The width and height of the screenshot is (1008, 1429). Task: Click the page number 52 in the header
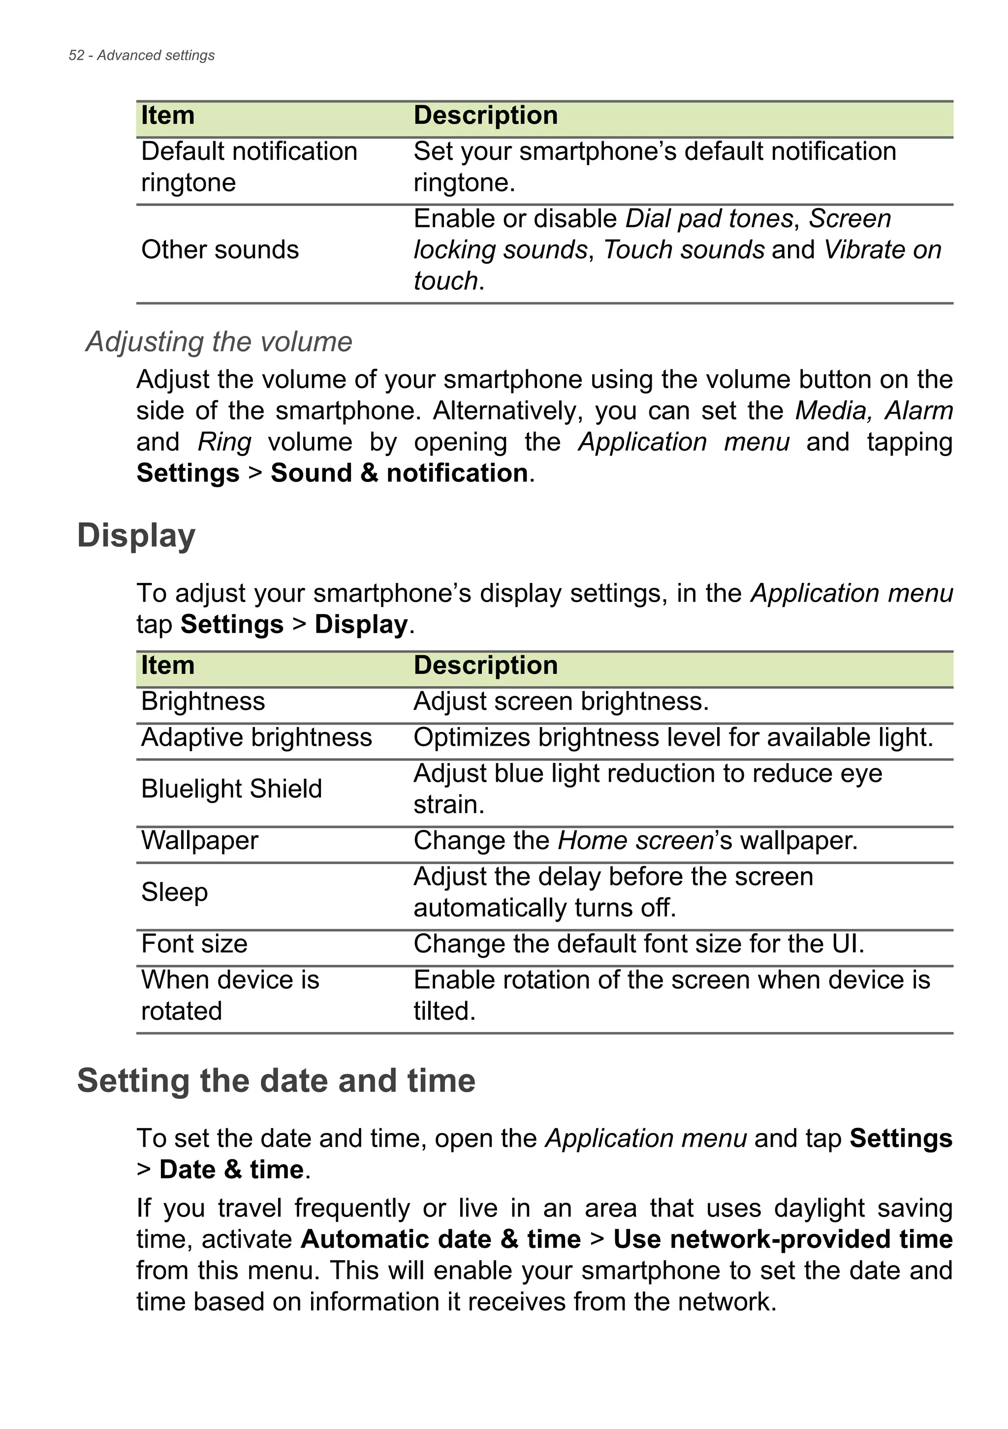tap(76, 56)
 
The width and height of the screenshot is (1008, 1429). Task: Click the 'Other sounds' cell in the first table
tap(220, 249)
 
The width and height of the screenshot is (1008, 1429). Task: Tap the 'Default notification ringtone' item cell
tap(249, 167)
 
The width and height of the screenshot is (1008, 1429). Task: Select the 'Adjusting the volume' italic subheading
tap(219, 342)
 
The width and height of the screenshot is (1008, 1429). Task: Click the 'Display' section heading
tap(136, 536)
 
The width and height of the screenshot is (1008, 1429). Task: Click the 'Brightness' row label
tap(203, 701)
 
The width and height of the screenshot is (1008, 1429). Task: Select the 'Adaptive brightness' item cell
tap(256, 737)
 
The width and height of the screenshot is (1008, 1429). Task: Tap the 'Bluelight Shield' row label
tap(232, 789)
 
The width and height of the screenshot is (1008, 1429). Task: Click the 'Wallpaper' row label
tap(199, 841)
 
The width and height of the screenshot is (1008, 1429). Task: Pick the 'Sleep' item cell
tap(174, 892)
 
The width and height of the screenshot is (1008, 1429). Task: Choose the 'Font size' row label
tap(194, 944)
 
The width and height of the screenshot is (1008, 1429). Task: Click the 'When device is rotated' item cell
tap(230, 995)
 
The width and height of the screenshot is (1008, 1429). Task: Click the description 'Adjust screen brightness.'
tap(561, 701)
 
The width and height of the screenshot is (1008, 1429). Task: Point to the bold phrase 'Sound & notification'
tap(399, 473)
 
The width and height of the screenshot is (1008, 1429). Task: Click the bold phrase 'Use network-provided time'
tap(783, 1239)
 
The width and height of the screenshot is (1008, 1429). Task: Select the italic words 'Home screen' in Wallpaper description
tap(635, 841)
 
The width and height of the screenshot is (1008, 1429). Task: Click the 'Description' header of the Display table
tap(486, 666)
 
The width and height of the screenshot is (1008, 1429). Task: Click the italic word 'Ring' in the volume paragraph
tap(224, 442)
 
